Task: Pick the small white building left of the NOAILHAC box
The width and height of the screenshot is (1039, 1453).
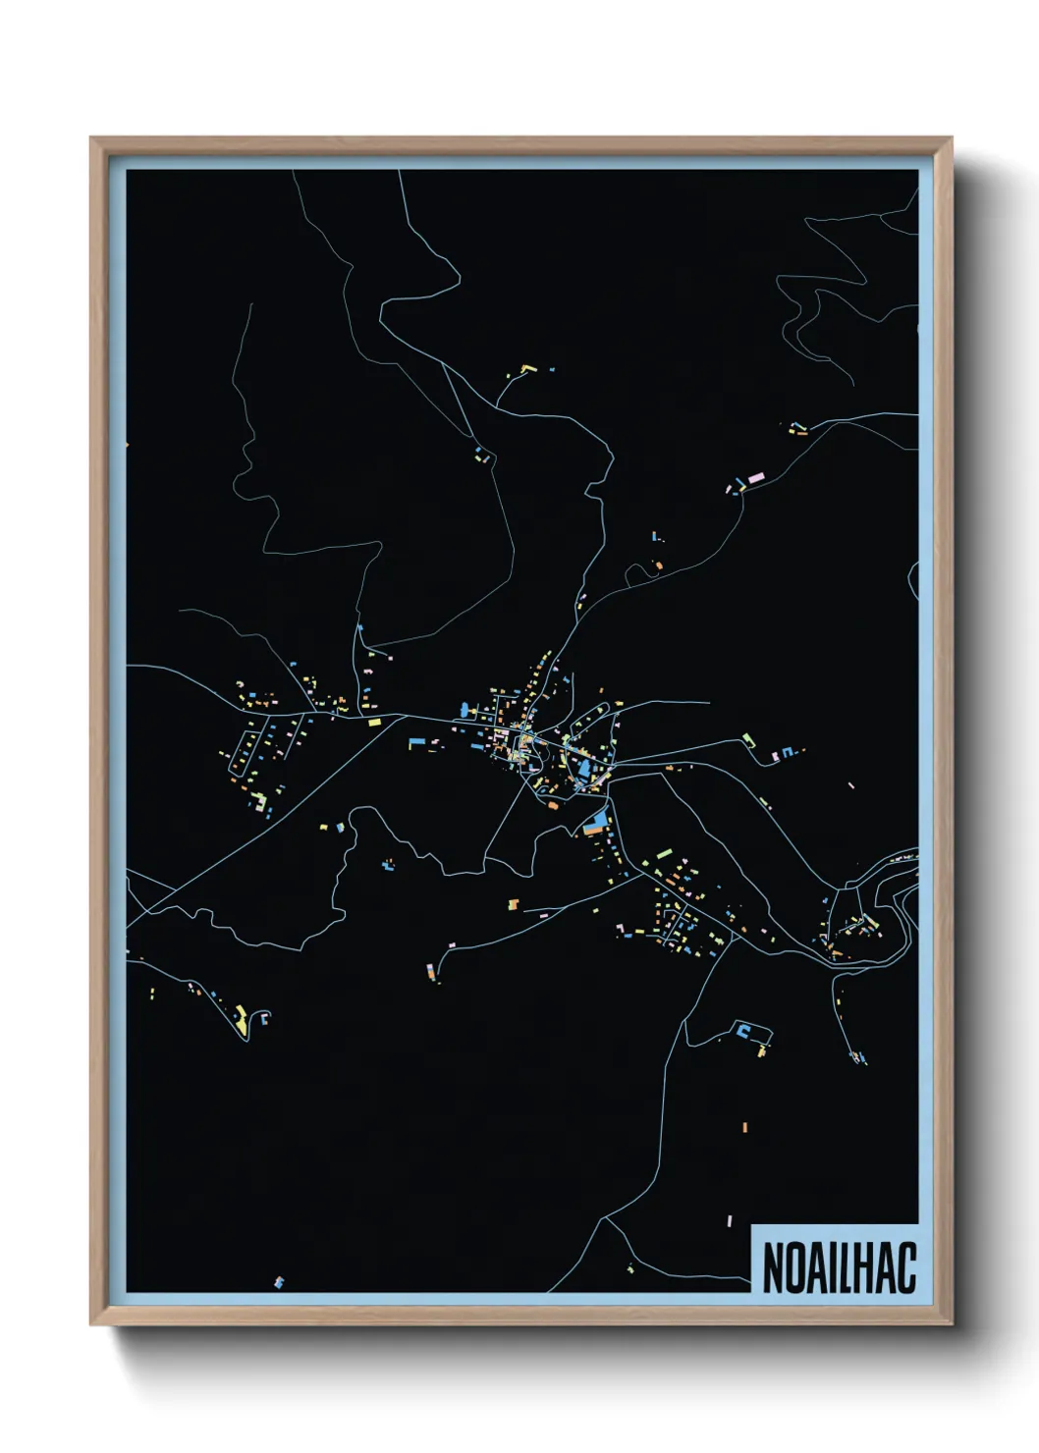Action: click(x=730, y=1221)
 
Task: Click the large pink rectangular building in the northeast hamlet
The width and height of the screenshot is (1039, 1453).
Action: click(x=755, y=478)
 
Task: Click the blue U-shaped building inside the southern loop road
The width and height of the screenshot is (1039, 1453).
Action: click(x=743, y=1030)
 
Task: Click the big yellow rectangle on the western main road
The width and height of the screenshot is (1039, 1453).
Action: click(x=374, y=722)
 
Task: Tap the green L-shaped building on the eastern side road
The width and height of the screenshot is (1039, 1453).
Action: click(x=748, y=737)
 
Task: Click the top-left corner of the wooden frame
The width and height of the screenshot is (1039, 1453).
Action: click(x=92, y=139)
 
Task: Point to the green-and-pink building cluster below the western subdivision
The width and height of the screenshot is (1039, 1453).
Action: click(x=261, y=803)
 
